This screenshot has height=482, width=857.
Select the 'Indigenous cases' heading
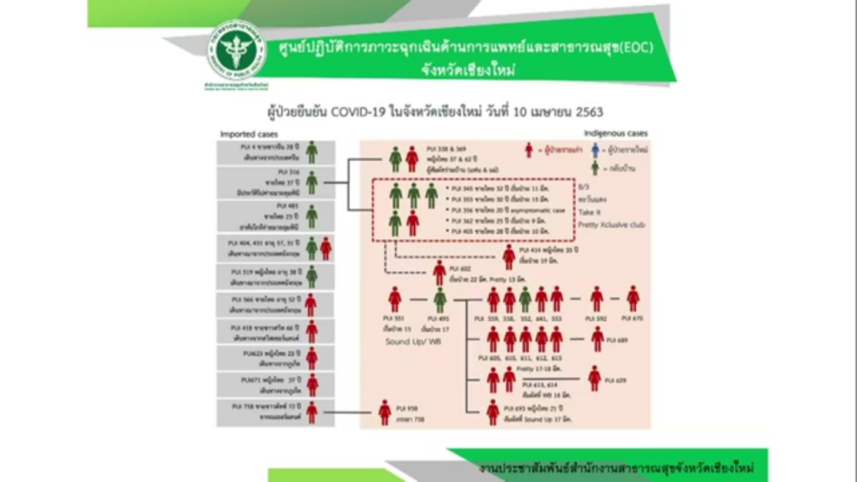(617, 134)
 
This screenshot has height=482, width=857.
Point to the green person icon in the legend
(595, 167)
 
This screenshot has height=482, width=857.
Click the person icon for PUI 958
(384, 411)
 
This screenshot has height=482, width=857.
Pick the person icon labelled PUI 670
(633, 298)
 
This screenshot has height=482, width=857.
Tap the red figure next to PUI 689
(597, 339)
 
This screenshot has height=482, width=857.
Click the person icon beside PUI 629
(594, 378)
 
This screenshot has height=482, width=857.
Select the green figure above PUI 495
(440, 299)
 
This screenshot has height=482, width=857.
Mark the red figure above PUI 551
(395, 299)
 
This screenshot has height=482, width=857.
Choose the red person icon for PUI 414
(509, 256)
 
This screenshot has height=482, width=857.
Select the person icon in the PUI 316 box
(311, 182)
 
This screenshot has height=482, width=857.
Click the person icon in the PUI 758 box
(311, 412)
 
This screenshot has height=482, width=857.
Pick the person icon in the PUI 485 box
(311, 216)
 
